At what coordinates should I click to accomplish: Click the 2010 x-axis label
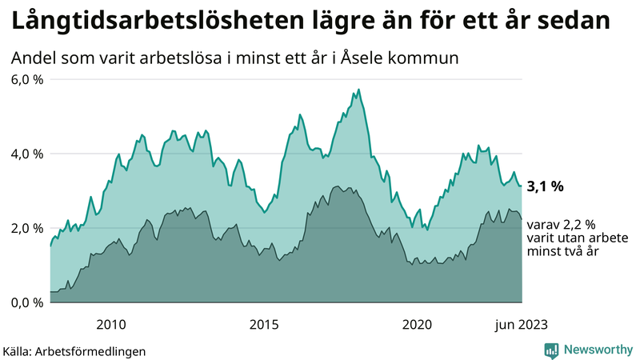[111, 324]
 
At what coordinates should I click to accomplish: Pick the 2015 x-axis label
[264, 324]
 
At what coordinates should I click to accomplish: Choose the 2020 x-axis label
[417, 324]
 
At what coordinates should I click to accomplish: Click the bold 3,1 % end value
[546, 187]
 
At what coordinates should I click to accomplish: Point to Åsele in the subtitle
[362, 58]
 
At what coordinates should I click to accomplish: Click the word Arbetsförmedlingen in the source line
[96, 351]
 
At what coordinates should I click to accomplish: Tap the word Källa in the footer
[20, 351]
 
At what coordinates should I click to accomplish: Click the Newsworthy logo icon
[551, 350]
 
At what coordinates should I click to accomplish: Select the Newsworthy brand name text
[598, 350]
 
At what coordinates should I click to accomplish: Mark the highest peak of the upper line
[358, 89]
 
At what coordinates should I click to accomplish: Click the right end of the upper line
[522, 186]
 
